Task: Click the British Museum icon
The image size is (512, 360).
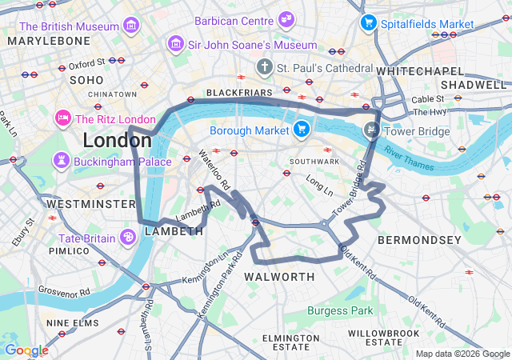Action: [x=130, y=26]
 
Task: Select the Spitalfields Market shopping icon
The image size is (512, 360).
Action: [x=368, y=22]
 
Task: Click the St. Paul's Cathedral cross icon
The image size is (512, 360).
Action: [x=264, y=67]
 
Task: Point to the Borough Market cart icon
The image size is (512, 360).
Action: [x=301, y=128]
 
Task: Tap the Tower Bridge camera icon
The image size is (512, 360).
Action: [x=371, y=129]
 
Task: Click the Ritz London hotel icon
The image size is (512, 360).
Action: [x=62, y=118]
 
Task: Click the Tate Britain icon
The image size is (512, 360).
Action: [x=127, y=238]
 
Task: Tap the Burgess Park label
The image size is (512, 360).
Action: [x=340, y=310]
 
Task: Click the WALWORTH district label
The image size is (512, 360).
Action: [x=279, y=277]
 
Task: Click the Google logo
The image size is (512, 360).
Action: [x=26, y=350]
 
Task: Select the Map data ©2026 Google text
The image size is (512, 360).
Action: [x=462, y=354]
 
